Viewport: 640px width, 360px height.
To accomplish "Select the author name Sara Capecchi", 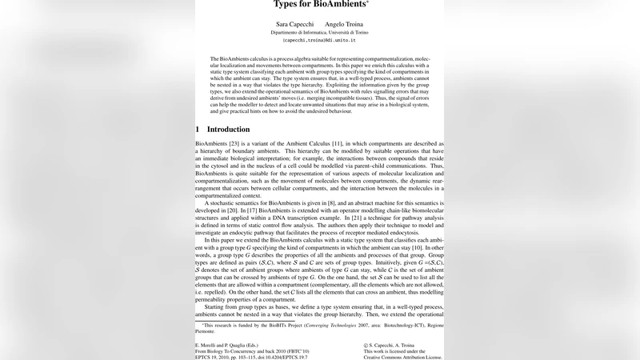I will click(293, 25).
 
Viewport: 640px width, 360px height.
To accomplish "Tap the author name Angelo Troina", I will click(344, 25).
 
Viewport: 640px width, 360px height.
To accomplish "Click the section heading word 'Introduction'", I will click(229, 129).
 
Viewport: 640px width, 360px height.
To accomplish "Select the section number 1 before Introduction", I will click(198, 129).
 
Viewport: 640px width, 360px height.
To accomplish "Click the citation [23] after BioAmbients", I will click(235, 143).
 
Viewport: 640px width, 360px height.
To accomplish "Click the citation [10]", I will click(415, 249).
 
